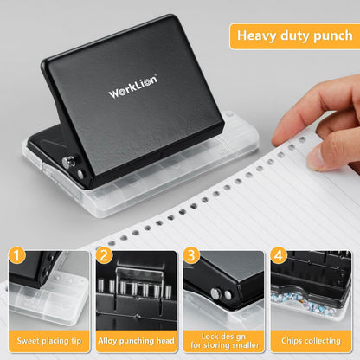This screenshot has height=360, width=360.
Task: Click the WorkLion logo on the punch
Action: (132, 89)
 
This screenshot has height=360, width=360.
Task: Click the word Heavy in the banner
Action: (258, 36)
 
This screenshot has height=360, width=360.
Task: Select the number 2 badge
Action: (105, 255)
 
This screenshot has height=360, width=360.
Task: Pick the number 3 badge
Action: (190, 255)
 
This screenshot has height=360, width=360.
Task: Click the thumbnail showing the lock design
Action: (222, 290)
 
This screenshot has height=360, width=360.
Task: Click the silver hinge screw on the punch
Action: (80, 173)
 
